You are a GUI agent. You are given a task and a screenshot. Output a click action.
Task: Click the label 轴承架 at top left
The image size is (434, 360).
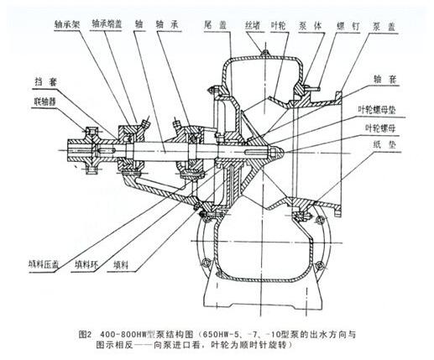(x=67, y=24)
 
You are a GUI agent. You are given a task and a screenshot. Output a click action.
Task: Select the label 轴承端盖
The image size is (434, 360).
(x=107, y=24)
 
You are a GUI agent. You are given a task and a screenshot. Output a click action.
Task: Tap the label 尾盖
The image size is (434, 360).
(x=215, y=25)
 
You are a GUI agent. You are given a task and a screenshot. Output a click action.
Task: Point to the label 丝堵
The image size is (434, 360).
(x=253, y=25)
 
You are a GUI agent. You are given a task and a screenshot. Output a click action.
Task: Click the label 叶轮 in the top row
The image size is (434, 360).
(x=278, y=26)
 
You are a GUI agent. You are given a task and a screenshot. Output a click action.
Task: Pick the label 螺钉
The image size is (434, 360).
(x=348, y=26)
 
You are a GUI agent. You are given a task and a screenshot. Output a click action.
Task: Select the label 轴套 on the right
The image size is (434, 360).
(x=385, y=79)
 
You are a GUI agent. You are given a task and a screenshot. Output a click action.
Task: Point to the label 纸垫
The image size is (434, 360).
(x=384, y=144)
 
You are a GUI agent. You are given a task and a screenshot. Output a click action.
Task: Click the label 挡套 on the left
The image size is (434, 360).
(x=45, y=82)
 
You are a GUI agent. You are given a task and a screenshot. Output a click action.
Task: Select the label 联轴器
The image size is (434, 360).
(x=45, y=102)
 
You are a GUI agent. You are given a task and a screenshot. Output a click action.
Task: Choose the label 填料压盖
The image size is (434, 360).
(x=44, y=264)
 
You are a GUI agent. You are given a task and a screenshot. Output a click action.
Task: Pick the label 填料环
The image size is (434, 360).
(x=86, y=264)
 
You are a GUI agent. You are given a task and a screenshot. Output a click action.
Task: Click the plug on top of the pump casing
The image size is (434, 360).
(x=264, y=52)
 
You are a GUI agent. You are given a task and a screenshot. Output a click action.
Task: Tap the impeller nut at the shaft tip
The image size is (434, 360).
(x=276, y=153)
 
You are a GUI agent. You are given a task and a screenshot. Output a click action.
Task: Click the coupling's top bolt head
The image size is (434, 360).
(x=92, y=131)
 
